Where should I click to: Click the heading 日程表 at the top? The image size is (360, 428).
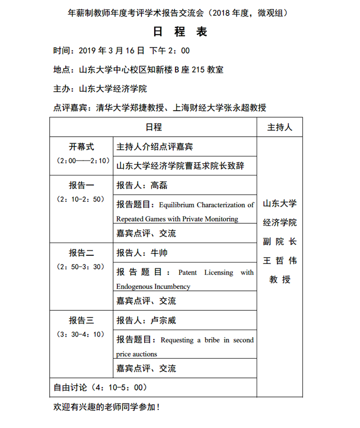pos(180,31)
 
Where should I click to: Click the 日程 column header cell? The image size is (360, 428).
pos(153,128)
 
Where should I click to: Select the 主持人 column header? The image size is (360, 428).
pos(280,128)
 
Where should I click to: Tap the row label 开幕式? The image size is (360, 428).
pos(81,147)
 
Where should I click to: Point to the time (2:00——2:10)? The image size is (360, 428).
pos(81,160)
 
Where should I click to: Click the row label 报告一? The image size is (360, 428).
pos(81,185)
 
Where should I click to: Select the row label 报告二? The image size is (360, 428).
pos(81,253)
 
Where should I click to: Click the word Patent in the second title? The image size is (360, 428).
pos(188,273)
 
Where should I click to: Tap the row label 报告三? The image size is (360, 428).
pos(81,320)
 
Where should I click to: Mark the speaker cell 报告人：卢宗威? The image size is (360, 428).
pos(146,320)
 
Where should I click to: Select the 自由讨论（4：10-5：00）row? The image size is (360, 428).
pos(100,387)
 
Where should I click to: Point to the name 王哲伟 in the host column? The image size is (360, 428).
pos(280,261)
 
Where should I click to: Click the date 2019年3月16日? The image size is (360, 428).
pos(112,51)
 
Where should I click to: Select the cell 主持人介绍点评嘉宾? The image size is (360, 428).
pos(154,147)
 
